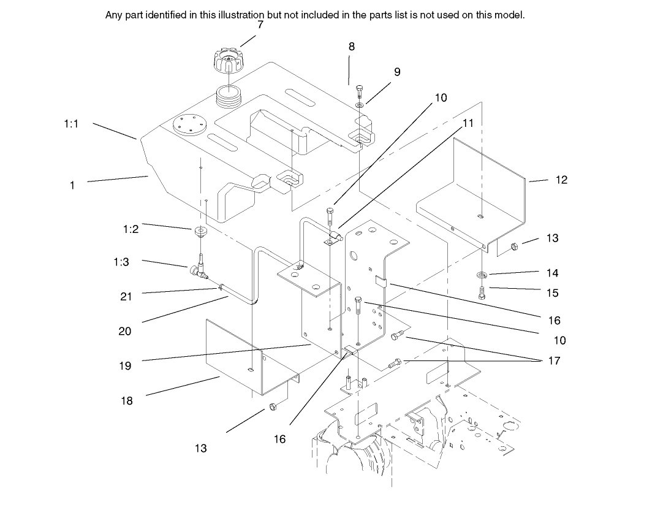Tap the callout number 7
pyautogui.click(x=260, y=25)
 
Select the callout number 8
pyautogui.click(x=351, y=47)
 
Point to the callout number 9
pyautogui.click(x=397, y=72)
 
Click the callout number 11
pyautogui.click(x=468, y=123)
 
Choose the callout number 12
pyautogui.click(x=561, y=180)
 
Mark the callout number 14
pyautogui.click(x=552, y=273)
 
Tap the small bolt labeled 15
pyautogui.click(x=482, y=293)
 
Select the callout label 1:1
pyautogui.click(x=71, y=124)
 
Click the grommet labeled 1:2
pyautogui.click(x=200, y=233)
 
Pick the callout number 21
pyautogui.click(x=126, y=297)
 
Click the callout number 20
pyautogui.click(x=125, y=331)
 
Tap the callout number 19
pyautogui.click(x=125, y=366)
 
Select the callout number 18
pyautogui.click(x=126, y=401)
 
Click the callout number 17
pyautogui.click(x=553, y=361)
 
